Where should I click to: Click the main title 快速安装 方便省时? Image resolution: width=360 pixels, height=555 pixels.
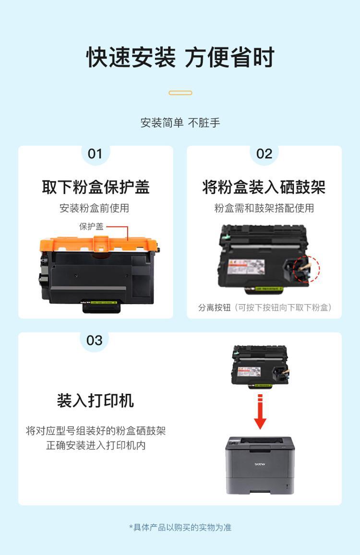(x=180, y=57)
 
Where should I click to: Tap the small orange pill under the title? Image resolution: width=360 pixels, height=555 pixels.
(x=180, y=93)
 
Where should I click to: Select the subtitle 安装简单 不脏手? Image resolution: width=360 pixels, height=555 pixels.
(x=180, y=123)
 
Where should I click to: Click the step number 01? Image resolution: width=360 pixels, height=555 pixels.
(x=95, y=154)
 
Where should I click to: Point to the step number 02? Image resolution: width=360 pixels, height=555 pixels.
(x=264, y=154)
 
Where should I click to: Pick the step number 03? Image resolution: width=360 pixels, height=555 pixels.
(x=94, y=340)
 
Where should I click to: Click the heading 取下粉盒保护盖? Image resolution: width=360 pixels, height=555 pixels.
(x=96, y=187)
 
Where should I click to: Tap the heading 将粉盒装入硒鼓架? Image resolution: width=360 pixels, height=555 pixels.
(x=264, y=187)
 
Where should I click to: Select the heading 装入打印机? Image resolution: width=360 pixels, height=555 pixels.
(x=96, y=401)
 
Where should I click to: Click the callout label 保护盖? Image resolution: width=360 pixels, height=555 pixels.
(x=91, y=226)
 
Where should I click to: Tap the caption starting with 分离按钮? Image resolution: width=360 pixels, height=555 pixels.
(x=264, y=307)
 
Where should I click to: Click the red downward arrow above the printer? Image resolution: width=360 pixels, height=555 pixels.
(x=260, y=412)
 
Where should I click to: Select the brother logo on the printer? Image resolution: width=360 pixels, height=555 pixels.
(x=260, y=464)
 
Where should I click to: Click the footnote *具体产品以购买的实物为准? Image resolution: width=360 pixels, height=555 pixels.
(x=180, y=527)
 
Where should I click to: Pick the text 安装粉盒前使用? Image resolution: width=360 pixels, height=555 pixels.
(x=94, y=208)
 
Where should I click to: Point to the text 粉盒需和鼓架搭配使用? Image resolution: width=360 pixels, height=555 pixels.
(x=264, y=208)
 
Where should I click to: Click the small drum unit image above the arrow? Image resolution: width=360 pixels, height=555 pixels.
(x=261, y=367)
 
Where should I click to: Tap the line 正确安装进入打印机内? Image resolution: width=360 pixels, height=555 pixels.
(x=96, y=445)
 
